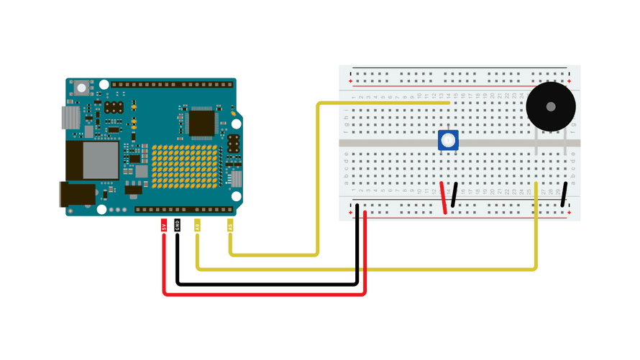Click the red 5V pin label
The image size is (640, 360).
(164, 226)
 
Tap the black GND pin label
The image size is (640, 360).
(178, 226)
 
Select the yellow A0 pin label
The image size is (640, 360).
(198, 226)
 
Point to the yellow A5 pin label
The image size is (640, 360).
(230, 226)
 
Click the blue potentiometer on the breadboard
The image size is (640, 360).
(448, 140)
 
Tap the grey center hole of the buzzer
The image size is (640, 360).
(551, 106)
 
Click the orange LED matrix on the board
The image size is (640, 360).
(184, 166)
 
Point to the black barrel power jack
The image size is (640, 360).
(77, 195)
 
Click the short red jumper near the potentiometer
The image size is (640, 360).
(444, 198)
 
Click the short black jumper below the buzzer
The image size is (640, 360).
(565, 195)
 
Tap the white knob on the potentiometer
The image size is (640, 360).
(448, 140)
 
